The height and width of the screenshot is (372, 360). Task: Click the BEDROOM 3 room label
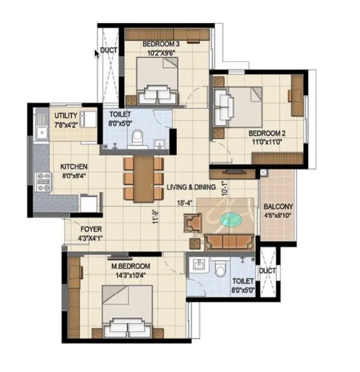[x=161, y=44]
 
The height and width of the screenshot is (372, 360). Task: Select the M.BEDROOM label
[x=130, y=266]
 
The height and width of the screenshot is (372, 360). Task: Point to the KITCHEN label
[x=74, y=167]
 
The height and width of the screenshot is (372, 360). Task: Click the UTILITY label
[x=66, y=115]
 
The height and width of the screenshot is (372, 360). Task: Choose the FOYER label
[x=91, y=229]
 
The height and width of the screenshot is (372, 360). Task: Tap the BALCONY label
[x=278, y=206]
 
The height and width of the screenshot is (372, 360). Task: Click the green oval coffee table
[x=231, y=219]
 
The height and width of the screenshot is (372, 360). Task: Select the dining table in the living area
[x=143, y=179]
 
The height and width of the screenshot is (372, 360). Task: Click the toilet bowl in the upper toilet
[x=138, y=138]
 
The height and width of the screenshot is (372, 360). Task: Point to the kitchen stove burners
[x=43, y=182]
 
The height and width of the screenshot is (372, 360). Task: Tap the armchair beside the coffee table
[x=193, y=223]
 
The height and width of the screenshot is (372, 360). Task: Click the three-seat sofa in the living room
[x=229, y=242]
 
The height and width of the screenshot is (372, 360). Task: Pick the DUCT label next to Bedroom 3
[x=109, y=50]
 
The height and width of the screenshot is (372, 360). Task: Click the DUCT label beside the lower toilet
[x=268, y=271]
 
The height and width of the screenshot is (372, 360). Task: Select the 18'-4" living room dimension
[x=184, y=203]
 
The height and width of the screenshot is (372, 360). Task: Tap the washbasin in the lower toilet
[x=199, y=264]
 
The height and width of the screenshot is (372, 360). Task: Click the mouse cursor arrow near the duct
[x=97, y=55]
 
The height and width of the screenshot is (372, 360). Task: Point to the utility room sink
[x=42, y=133]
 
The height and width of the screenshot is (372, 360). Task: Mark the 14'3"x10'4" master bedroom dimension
[x=130, y=275]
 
